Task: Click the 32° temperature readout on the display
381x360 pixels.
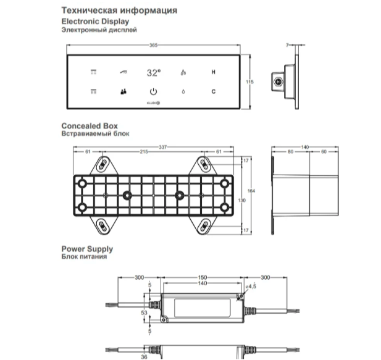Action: (x=154, y=72)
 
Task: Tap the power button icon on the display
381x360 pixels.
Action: (x=153, y=91)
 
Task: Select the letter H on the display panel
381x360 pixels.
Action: (x=213, y=72)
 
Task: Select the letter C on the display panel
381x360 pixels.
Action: (x=213, y=91)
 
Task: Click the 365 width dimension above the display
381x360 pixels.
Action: (x=153, y=45)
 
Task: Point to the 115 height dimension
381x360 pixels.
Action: (x=249, y=82)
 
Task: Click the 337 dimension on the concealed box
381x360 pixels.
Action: (x=163, y=147)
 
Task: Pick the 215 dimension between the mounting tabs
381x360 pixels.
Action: (x=144, y=151)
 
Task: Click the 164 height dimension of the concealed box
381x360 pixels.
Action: (x=251, y=191)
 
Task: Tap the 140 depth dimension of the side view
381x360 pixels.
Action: (x=304, y=147)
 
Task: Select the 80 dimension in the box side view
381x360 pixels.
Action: (x=291, y=151)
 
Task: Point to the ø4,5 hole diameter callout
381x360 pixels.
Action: (x=251, y=286)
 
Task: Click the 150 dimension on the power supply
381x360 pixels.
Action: (x=203, y=277)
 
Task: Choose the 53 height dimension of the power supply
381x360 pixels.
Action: (x=144, y=312)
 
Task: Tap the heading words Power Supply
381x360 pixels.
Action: (x=87, y=249)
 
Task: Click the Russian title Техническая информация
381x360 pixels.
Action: (x=119, y=10)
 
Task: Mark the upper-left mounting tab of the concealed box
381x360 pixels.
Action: (x=104, y=165)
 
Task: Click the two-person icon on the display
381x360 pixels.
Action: (x=124, y=91)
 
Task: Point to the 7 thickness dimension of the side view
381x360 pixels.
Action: (x=287, y=45)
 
